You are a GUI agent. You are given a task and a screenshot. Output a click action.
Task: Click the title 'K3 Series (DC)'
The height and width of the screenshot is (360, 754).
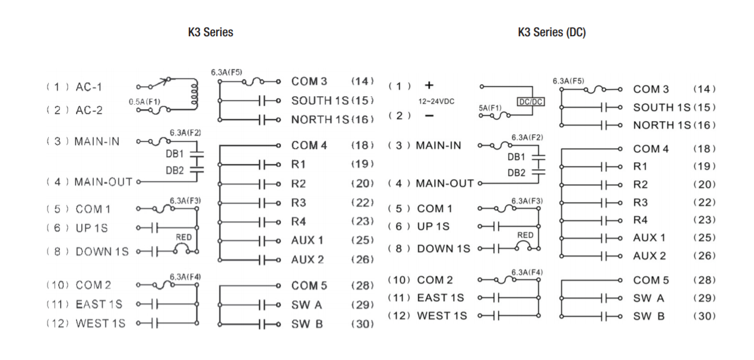click(x=552, y=33)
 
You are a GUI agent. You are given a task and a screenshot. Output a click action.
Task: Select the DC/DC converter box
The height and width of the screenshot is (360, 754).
click(x=530, y=102)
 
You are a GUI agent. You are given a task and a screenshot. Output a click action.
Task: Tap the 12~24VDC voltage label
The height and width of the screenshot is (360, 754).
click(x=435, y=102)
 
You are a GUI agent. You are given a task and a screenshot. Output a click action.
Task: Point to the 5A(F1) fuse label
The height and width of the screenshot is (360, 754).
click(x=490, y=108)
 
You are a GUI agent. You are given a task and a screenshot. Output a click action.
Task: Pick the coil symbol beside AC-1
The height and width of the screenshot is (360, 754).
click(x=194, y=94)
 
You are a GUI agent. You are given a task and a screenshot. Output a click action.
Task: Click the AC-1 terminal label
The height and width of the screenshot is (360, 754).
click(x=88, y=87)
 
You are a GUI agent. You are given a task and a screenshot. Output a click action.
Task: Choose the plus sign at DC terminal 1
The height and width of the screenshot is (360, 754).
click(x=429, y=86)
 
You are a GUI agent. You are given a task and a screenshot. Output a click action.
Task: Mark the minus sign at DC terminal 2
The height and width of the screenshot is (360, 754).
click(x=429, y=115)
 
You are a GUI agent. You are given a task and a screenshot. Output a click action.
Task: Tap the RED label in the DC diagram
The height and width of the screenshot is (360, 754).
click(x=525, y=235)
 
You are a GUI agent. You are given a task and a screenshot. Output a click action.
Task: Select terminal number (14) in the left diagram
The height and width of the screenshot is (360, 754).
click(x=362, y=81)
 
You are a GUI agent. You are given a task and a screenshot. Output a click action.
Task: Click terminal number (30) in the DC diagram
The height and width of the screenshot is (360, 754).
click(x=704, y=316)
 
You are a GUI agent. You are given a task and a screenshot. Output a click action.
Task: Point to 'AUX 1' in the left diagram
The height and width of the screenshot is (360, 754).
click(x=308, y=241)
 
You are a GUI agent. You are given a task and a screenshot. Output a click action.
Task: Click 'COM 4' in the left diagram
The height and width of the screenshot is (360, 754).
click(x=309, y=146)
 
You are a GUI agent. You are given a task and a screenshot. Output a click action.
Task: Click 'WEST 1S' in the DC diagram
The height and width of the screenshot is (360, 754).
click(x=442, y=316)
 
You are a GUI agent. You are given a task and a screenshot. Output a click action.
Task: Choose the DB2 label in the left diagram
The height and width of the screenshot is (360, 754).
click(x=175, y=170)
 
